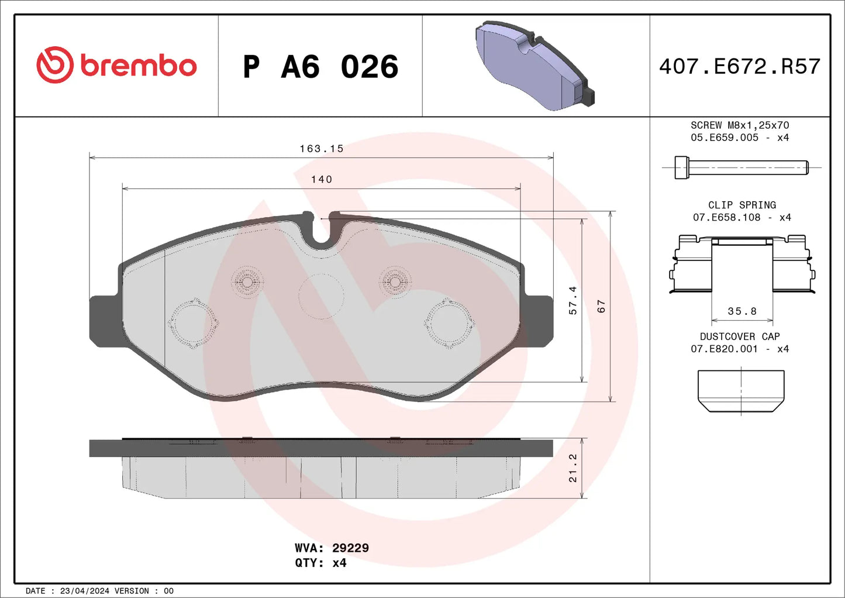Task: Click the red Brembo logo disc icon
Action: click(x=54, y=65)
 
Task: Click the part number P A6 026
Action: click(x=320, y=67)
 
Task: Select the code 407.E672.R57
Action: click(x=740, y=67)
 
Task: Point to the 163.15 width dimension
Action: click(x=322, y=149)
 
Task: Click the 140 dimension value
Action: click(x=322, y=180)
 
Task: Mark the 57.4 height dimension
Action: click(x=573, y=300)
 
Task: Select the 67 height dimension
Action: click(x=601, y=306)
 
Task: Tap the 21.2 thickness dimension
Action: click(x=573, y=468)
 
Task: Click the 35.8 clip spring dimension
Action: click(x=742, y=311)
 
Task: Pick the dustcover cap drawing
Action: click(x=741, y=391)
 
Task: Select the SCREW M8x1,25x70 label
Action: click(x=740, y=125)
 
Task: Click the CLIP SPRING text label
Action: click(x=742, y=205)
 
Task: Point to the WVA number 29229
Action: click(x=350, y=548)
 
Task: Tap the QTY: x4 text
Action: click(x=320, y=563)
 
